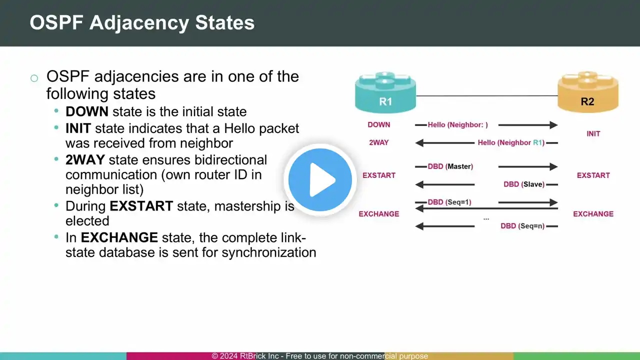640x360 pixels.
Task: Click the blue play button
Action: [320, 179]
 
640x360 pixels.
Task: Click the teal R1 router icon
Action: [385, 92]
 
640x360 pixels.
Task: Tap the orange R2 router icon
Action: [588, 92]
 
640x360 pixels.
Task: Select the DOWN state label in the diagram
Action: [379, 125]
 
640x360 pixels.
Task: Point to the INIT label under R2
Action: [593, 133]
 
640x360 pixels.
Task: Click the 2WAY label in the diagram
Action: [379, 142]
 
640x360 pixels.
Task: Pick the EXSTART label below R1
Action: [379, 175]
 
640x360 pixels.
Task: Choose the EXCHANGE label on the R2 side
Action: [593, 214]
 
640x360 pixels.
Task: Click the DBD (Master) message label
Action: [450, 166]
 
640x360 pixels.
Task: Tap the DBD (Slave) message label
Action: [524, 184]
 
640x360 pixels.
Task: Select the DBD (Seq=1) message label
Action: [449, 202]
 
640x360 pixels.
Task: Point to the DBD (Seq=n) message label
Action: [522, 226]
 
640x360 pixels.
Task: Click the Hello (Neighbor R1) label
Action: [511, 142]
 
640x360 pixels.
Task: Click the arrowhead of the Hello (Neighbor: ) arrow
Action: [553, 125]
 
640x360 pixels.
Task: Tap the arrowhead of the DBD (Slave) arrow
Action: [419, 184]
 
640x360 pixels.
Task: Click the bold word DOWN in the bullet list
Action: [87, 111]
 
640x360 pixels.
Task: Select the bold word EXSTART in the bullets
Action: [141, 206]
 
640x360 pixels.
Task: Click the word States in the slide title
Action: [225, 22]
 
